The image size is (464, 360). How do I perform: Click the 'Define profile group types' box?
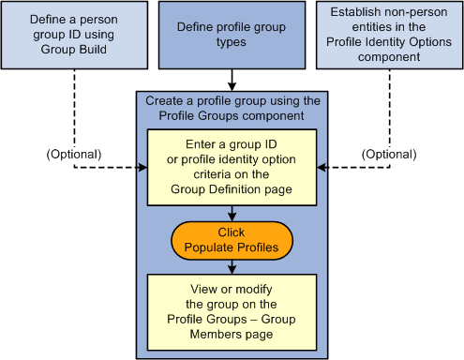pyautogui.click(x=231, y=35)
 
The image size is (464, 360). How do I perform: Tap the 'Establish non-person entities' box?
pyautogui.click(x=388, y=35)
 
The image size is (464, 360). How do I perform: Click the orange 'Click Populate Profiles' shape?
pyautogui.click(x=231, y=239)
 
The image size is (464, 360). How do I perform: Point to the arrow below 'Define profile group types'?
pyautogui.click(x=231, y=80)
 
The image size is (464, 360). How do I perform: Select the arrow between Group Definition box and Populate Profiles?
pyautogui.click(x=231, y=212)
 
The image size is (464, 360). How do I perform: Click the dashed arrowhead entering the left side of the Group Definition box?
pyautogui.click(x=142, y=168)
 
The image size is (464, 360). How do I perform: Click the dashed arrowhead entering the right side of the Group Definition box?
pyautogui.click(x=322, y=168)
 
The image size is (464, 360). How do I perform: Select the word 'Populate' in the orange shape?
pyautogui.click(x=213, y=247)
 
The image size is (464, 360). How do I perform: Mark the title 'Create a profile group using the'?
pyautogui.click(x=231, y=100)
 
